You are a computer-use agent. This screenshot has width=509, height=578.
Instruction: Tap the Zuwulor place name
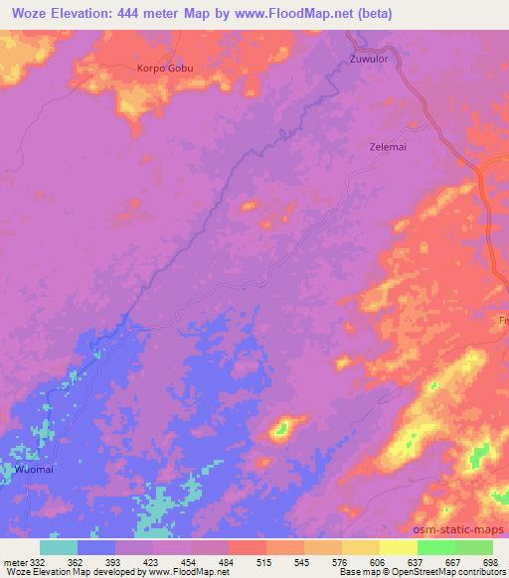[x=369, y=60]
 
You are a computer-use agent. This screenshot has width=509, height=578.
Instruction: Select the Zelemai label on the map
[x=380, y=145]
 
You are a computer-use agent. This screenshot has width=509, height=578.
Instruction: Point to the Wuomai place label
[x=33, y=467]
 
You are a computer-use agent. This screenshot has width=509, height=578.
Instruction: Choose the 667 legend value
[x=450, y=561]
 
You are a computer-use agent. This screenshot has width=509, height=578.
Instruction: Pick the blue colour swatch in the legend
[x=96, y=547]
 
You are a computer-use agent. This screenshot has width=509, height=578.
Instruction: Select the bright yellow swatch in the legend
[x=398, y=547]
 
